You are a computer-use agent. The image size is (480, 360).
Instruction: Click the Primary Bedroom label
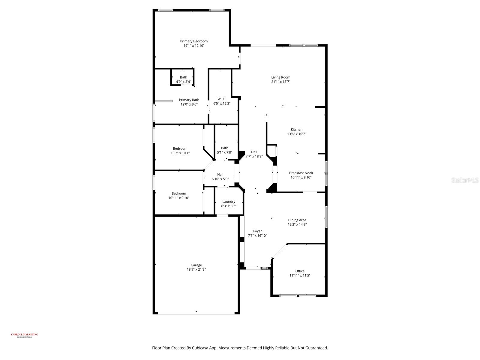(194, 41)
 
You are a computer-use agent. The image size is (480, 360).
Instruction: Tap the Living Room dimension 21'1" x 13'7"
(281, 82)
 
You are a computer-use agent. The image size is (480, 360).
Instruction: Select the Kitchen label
(296, 130)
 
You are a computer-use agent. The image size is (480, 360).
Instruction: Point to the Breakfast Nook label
(301, 173)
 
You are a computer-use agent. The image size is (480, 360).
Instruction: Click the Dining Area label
(297, 220)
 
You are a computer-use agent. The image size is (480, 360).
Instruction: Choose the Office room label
(300, 271)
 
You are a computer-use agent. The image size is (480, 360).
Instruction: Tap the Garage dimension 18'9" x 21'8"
(196, 269)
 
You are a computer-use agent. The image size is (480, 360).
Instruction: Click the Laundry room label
(229, 202)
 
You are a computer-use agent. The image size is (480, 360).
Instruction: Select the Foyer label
(257, 231)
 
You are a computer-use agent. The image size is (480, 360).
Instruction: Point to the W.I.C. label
(222, 99)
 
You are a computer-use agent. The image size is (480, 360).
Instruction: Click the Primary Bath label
(189, 100)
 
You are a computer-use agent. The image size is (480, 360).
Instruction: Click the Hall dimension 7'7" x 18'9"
(254, 156)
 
